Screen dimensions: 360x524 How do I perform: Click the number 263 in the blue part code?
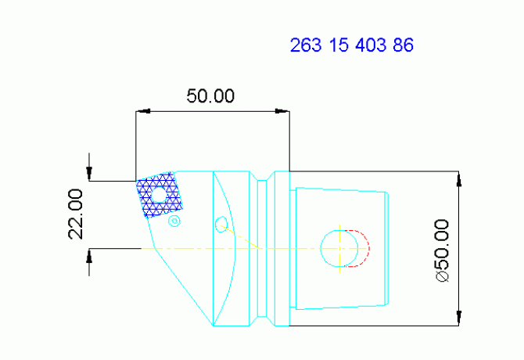[x=305, y=45]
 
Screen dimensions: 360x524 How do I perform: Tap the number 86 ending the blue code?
[x=403, y=45]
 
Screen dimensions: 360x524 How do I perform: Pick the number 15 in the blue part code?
[x=338, y=45]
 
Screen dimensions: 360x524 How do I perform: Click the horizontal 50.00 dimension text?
[x=210, y=96]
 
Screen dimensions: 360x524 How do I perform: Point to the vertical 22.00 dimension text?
[x=76, y=214]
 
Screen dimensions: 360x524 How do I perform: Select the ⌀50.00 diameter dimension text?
[x=443, y=250]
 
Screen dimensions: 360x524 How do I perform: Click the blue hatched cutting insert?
[x=159, y=195]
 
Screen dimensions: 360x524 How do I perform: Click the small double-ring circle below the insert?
[x=174, y=221]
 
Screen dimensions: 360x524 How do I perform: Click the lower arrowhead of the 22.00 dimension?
[x=90, y=255]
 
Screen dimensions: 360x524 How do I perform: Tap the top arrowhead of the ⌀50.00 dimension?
[x=459, y=177]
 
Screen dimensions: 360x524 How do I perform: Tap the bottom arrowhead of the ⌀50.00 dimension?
[x=459, y=319]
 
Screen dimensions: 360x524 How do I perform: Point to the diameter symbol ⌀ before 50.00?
[x=443, y=277]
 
